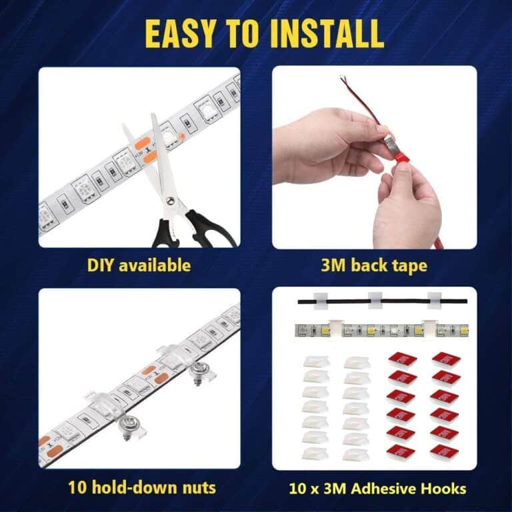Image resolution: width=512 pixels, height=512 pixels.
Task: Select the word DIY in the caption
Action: click(x=101, y=265)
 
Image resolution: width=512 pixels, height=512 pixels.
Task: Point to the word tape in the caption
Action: click(x=409, y=265)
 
